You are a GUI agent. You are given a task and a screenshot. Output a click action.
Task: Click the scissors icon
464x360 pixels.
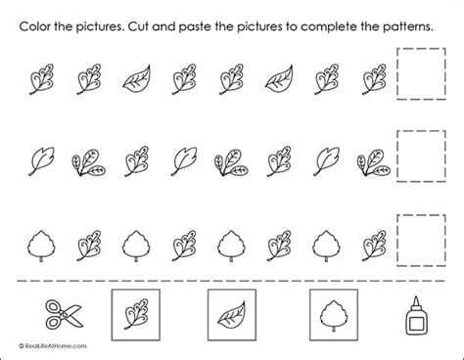tap(65, 314)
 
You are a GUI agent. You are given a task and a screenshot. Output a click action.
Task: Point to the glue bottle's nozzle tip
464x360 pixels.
tap(416, 296)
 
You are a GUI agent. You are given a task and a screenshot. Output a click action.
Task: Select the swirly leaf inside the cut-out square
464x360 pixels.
tap(135, 314)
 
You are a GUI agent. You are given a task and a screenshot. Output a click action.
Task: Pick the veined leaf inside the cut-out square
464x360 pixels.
tap(232, 316)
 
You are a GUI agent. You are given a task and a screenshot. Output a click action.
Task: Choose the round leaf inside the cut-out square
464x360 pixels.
tap(333, 315)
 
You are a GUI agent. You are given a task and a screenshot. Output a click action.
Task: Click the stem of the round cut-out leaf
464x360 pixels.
tap(333, 329)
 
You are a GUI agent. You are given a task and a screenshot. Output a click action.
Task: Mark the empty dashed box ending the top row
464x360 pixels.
tap(421, 49)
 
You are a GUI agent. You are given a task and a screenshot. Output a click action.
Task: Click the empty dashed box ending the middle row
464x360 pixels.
tap(421, 131)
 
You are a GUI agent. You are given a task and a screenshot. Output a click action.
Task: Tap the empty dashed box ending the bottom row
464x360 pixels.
tap(421, 215)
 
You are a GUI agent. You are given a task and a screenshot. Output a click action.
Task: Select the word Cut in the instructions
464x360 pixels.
tap(138, 26)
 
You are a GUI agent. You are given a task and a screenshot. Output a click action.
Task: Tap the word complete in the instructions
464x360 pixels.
tap(329, 26)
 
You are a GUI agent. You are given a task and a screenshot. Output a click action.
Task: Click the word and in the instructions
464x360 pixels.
tap(163, 26)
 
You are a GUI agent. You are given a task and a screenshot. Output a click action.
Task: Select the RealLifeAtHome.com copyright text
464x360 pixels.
tap(53, 346)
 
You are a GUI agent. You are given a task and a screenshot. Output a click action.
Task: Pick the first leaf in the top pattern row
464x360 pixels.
tap(42, 79)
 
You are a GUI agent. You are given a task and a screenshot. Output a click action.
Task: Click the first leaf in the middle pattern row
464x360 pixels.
tap(41, 161)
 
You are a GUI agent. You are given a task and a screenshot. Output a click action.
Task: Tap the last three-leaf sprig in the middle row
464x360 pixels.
tap(374, 162)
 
